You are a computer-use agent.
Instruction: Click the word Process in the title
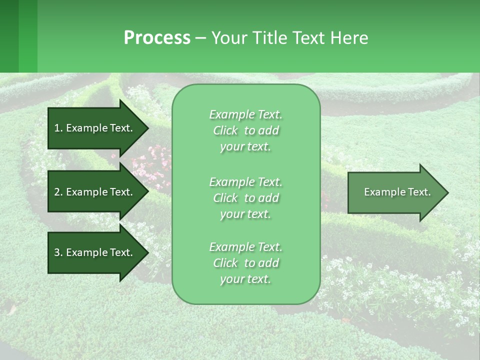(157, 38)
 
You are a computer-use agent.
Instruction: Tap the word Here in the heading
(349, 38)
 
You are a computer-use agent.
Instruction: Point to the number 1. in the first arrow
(58, 128)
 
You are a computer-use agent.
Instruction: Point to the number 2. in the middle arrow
(58, 192)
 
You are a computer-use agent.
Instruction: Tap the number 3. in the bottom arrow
(58, 252)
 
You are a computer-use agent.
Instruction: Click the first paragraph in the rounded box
(245, 130)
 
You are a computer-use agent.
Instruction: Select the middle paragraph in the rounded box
(245, 198)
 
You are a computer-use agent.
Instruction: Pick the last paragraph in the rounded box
(245, 263)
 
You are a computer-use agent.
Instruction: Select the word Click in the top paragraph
(225, 130)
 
